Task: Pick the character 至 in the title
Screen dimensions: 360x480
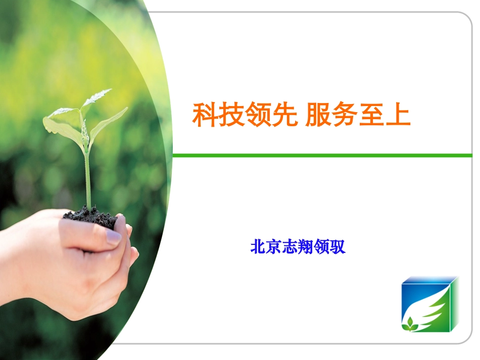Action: (371, 115)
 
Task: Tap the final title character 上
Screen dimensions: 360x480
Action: (398, 115)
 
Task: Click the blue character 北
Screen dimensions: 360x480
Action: (258, 247)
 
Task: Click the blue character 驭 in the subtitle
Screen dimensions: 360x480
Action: (338, 247)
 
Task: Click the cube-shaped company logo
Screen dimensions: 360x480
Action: (430, 304)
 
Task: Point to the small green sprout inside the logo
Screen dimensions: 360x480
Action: (410, 324)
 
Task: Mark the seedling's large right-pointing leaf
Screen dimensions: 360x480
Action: (109, 121)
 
